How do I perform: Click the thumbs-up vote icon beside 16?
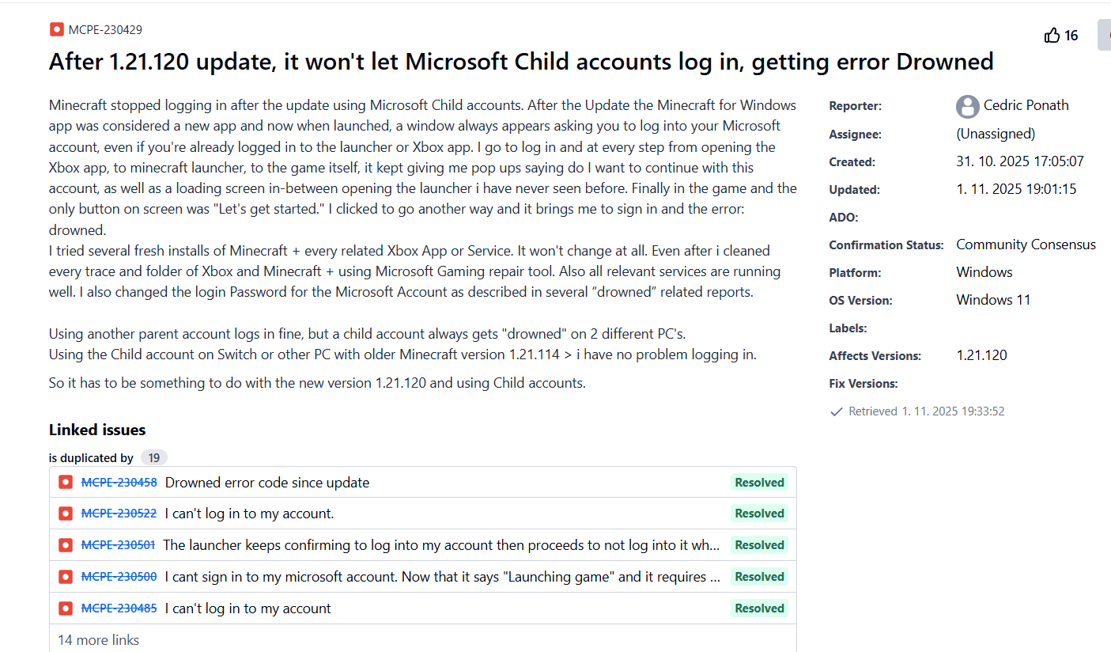[1052, 36]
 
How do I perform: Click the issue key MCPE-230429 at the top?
[105, 30]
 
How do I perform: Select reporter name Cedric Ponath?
[1026, 105]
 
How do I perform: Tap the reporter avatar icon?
[967, 106]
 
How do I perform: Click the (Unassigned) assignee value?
[996, 134]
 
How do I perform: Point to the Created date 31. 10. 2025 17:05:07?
[1019, 161]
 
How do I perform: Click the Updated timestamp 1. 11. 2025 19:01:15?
[1016, 189]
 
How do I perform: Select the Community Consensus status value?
[1026, 244]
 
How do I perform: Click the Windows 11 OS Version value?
[993, 300]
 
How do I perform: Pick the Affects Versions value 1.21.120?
[981, 355]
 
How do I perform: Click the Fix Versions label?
[863, 384]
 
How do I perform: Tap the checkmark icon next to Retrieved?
[836, 411]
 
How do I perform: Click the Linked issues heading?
[97, 430]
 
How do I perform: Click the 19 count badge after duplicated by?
[154, 458]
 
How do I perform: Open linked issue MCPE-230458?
[119, 483]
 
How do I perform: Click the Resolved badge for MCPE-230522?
[759, 514]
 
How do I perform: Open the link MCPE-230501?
[118, 545]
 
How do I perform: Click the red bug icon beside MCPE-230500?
[66, 577]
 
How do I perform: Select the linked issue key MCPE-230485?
[119, 608]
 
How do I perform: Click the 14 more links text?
[98, 640]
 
